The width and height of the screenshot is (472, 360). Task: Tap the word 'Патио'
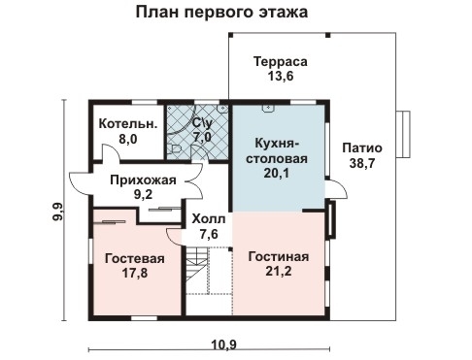click(x=362, y=148)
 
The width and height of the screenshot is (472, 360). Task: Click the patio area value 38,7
click(x=362, y=164)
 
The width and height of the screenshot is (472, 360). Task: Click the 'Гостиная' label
click(x=278, y=256)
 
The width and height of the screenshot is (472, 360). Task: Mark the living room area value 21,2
click(x=278, y=272)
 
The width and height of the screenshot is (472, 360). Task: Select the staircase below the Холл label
click(x=199, y=273)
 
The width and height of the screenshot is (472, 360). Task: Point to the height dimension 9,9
click(x=57, y=210)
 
